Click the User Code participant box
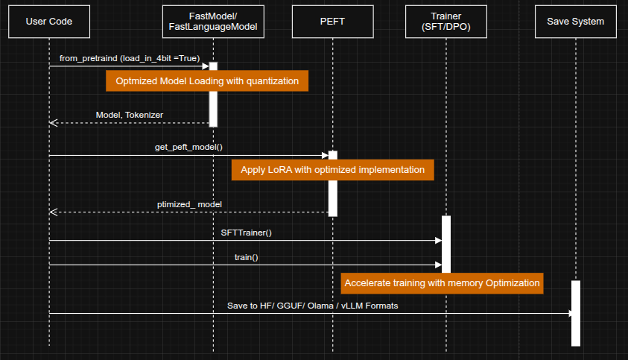pos(49,22)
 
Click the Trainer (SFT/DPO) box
pos(445,22)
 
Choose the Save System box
pos(575,22)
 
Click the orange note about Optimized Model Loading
pos(207,80)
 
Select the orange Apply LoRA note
pos(332,170)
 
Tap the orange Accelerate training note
pos(442,283)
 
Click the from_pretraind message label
pos(130,58)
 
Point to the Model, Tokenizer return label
pos(130,115)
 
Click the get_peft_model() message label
pos(188,147)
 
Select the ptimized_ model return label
pos(189,203)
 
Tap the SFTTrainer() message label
pos(247,233)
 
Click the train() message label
pos(247,257)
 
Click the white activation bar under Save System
pos(575,313)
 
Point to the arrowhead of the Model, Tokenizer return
pos(53,123)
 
